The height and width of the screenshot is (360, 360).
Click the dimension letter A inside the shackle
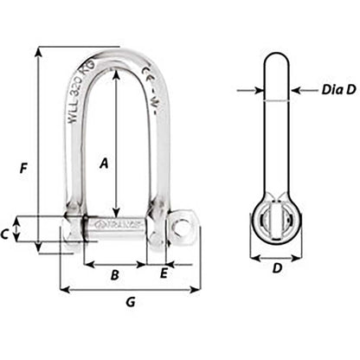pos(104,161)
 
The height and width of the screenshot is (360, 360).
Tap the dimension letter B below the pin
pos(114,276)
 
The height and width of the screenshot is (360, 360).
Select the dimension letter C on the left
pos(29,233)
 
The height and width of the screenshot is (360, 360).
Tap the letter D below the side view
pos(276,268)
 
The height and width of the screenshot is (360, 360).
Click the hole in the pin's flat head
pos(182,227)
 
